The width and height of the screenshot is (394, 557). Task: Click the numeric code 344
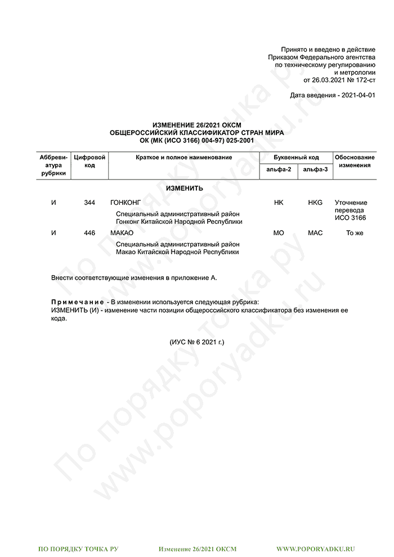point(89,203)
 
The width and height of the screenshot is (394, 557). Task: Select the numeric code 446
point(89,233)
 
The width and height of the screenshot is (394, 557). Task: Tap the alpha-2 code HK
point(279,203)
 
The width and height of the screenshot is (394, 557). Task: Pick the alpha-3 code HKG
point(315,203)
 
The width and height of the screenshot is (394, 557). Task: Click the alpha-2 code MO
point(279,233)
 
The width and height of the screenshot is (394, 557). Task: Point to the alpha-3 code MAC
point(315,233)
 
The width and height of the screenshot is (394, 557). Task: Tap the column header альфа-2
point(279,169)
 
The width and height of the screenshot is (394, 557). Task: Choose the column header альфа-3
point(315,169)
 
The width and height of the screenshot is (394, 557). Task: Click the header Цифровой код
point(90,161)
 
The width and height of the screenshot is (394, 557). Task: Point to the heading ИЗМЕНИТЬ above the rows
point(184,188)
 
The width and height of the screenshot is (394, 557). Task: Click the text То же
point(355,233)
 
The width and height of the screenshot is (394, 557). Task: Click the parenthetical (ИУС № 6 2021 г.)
point(196,342)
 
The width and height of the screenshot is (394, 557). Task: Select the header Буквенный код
point(296,158)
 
